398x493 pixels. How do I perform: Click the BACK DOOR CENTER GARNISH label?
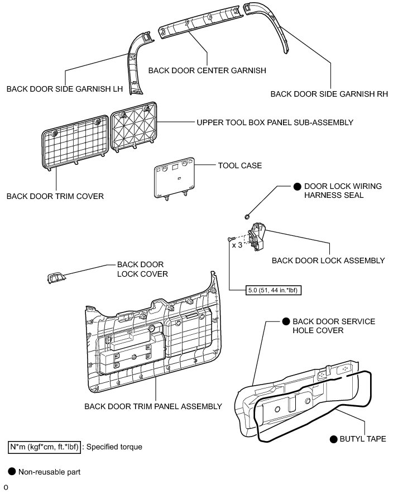(x=207, y=71)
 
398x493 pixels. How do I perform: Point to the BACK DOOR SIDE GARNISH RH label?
(x=329, y=94)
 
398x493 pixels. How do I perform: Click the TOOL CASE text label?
(x=241, y=165)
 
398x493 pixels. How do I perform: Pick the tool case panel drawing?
(x=174, y=177)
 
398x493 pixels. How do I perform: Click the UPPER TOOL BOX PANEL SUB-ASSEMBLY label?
(x=275, y=122)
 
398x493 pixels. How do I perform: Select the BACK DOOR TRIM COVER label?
(x=55, y=196)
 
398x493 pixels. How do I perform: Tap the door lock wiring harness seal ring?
(x=247, y=217)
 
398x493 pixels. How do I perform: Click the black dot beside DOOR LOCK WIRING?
(x=298, y=186)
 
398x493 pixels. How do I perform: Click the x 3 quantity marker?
(x=237, y=245)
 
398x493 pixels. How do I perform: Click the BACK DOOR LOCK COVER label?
(x=142, y=269)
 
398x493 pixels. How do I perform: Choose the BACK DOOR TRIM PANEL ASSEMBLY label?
(x=153, y=406)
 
